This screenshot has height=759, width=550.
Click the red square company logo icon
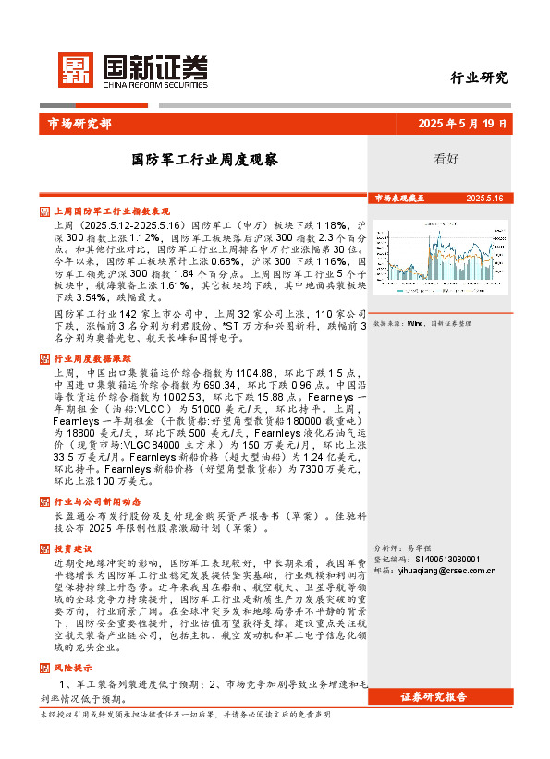[x=75, y=67]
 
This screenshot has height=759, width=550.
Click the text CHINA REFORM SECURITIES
[x=154, y=80]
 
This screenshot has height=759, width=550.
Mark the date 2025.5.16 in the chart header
[x=484, y=199]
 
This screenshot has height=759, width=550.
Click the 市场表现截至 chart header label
[x=399, y=199]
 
